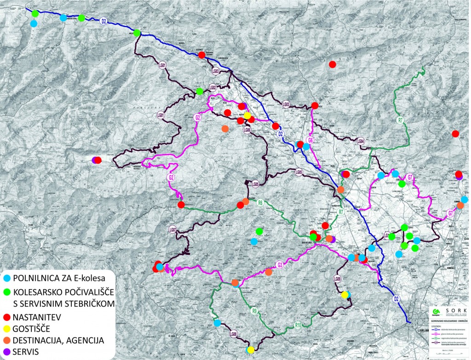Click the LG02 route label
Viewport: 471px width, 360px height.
click(x=213, y=87)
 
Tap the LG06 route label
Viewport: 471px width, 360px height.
click(x=247, y=130)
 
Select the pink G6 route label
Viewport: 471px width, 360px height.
click(x=310, y=140)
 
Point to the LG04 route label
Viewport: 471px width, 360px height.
click(x=361, y=142)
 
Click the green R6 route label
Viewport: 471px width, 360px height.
click(x=260, y=202)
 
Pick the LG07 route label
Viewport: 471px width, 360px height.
click(x=172, y=229)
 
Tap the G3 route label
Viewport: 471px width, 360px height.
click(x=280, y=264)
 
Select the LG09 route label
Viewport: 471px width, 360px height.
click(x=338, y=279)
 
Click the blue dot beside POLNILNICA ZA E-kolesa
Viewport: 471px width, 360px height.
click(x=6, y=278)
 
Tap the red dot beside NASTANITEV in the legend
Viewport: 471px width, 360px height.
click(x=6, y=317)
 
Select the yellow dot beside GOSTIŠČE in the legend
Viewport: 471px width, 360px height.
click(x=6, y=329)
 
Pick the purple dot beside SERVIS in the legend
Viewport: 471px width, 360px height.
click(x=6, y=352)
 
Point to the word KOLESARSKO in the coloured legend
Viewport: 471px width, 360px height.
click(x=43, y=292)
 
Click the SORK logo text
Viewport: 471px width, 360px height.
click(x=453, y=310)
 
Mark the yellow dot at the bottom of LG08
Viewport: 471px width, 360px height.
click(x=250, y=350)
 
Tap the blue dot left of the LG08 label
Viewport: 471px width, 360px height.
click(x=217, y=323)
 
